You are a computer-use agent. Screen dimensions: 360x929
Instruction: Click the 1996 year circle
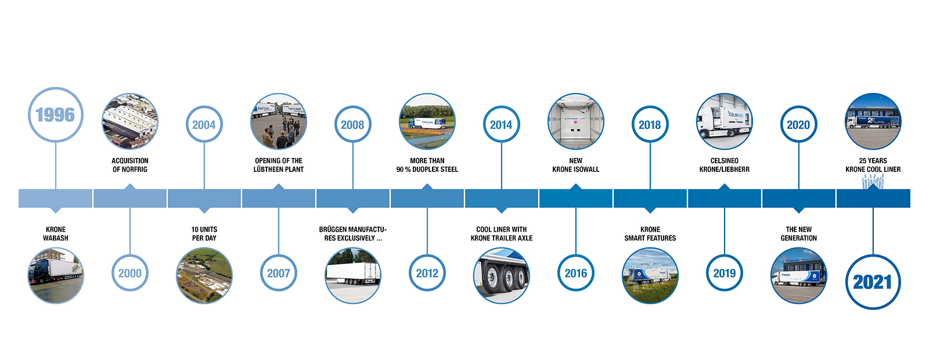(56, 115)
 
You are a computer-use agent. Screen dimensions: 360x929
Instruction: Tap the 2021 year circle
(873, 282)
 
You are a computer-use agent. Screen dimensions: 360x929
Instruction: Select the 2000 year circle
(130, 273)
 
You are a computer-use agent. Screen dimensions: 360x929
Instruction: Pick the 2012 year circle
(427, 273)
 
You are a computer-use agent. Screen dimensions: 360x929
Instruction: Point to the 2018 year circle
(650, 124)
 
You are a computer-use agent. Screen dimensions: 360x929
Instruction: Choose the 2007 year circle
(279, 273)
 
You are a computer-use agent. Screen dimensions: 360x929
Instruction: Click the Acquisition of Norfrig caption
(130, 165)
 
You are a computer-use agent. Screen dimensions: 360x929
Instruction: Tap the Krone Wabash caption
(56, 233)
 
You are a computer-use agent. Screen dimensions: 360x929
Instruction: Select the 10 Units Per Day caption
(204, 233)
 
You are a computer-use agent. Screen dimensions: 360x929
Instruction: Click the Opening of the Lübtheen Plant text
(279, 165)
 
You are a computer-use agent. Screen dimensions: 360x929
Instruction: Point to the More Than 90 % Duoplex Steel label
(427, 165)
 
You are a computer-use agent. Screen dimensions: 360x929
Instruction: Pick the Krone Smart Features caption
(650, 233)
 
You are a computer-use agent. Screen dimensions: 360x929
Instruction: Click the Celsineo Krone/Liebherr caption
(725, 165)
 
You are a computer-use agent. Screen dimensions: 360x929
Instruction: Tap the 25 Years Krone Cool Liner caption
(873, 165)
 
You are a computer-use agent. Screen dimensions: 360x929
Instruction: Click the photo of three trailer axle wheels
(502, 276)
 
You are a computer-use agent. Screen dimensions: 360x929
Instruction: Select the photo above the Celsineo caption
(725, 121)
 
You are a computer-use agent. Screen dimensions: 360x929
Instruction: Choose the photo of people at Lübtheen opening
(279, 121)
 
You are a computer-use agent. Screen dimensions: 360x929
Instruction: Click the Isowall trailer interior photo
(576, 121)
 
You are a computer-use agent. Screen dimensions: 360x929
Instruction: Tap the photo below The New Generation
(799, 276)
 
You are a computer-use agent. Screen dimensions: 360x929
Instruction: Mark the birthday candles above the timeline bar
(873, 182)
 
